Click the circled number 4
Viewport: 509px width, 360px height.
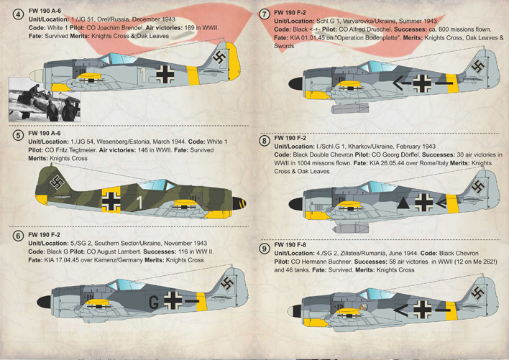click(x=18, y=14)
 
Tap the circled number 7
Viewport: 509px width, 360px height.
click(x=265, y=14)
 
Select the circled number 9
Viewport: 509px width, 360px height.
click(x=265, y=249)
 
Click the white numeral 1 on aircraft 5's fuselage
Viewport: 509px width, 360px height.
click(x=139, y=203)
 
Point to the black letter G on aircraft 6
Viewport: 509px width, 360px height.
click(x=154, y=303)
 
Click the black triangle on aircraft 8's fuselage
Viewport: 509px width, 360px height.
click(x=403, y=203)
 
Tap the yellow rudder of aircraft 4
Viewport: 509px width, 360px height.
click(x=234, y=62)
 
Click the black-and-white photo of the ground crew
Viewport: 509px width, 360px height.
click(x=45, y=99)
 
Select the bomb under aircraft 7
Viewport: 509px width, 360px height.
click(x=350, y=108)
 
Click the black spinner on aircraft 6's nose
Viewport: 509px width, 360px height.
click(x=44, y=302)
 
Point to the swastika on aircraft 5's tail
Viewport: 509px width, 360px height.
click(x=57, y=183)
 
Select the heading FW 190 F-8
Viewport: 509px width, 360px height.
click(x=290, y=244)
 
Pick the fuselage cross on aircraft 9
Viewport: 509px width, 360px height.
click(x=423, y=309)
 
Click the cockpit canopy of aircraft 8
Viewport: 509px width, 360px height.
click(x=377, y=188)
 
